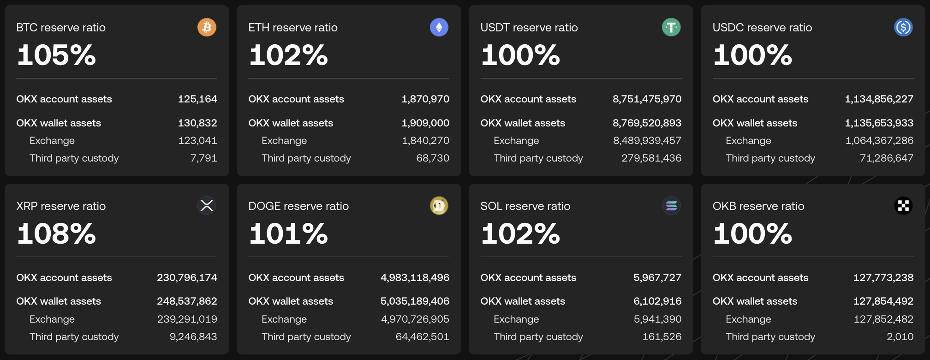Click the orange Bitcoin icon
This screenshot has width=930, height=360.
coord(207,27)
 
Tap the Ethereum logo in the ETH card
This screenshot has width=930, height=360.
coord(439,27)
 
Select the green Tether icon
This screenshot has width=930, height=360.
coord(671,27)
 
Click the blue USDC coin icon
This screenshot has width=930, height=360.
coord(903,27)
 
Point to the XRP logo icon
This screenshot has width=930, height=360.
coord(207,205)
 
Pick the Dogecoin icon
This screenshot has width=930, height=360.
coord(439,205)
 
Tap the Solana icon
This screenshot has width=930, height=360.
coord(671,205)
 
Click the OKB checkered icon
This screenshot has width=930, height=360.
coord(903,205)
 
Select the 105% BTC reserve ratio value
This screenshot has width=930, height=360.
coord(56,55)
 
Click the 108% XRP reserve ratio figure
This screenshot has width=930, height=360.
coord(56,234)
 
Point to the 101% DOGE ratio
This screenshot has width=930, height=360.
coord(288,234)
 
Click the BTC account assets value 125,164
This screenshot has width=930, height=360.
coord(197,99)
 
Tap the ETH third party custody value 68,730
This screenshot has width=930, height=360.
coord(433,158)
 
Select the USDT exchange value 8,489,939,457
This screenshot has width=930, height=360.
coord(647,141)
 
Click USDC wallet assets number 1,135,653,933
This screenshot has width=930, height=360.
coord(879,123)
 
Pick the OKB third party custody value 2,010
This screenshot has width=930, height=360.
coord(900,337)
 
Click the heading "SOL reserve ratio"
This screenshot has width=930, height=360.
coord(525,206)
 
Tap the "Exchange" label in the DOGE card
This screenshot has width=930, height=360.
coord(284,319)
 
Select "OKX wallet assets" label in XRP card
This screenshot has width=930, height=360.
coord(59,301)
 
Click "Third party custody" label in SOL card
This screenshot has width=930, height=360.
coord(538,337)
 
